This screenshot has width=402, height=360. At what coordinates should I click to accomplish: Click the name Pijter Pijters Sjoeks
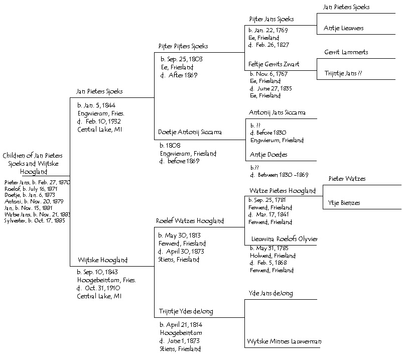click(x=183, y=46)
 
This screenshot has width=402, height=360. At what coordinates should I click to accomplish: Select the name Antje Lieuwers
click(x=344, y=28)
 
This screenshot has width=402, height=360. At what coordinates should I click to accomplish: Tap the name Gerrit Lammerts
click(x=346, y=53)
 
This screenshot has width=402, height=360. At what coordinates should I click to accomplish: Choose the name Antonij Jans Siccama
click(x=277, y=112)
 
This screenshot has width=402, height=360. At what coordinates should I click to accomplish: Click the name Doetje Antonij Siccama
click(x=190, y=133)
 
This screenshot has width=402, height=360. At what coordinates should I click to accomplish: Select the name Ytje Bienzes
click(x=345, y=203)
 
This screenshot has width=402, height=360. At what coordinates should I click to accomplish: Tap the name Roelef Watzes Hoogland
click(x=190, y=221)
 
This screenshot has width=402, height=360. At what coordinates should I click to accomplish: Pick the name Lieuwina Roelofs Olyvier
click(x=284, y=239)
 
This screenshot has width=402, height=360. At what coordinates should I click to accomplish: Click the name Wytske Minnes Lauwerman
click(x=284, y=341)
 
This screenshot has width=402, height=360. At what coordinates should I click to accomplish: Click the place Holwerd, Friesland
click(x=273, y=256)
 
